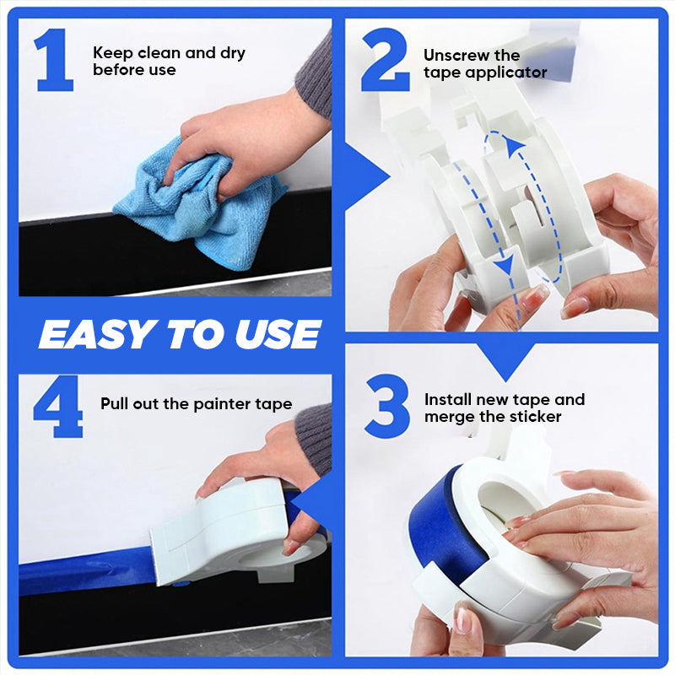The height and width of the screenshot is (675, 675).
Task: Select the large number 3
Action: pyautogui.click(x=387, y=407)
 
